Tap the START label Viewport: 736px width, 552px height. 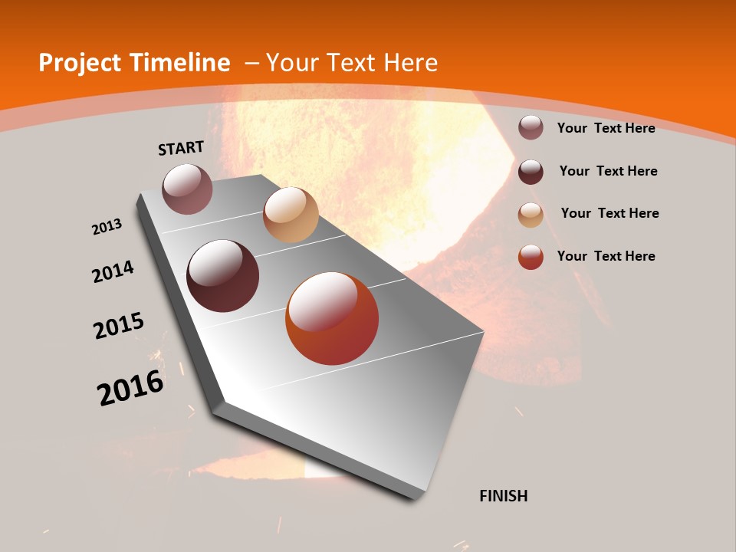pos(181,148)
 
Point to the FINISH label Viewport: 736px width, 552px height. pos(504,496)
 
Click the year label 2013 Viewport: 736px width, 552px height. pos(107,227)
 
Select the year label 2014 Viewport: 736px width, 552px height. pos(113,271)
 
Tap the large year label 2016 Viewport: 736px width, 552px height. pos(130,388)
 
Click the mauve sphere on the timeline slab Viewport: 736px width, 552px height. pos(188,189)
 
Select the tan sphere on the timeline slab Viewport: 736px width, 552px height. pos(291,215)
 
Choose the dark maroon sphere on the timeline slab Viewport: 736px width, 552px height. pos(223,276)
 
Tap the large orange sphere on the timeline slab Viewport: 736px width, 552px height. pos(332,318)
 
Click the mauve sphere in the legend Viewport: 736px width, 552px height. pos(531,127)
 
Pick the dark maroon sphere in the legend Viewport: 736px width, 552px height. pos(531,171)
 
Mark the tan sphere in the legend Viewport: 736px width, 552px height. pos(531,214)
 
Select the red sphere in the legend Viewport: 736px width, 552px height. pos(531,257)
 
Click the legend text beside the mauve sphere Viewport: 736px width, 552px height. pos(606,128)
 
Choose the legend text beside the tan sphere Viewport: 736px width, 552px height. pos(609,213)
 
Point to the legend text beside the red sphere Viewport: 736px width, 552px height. pos(606,256)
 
